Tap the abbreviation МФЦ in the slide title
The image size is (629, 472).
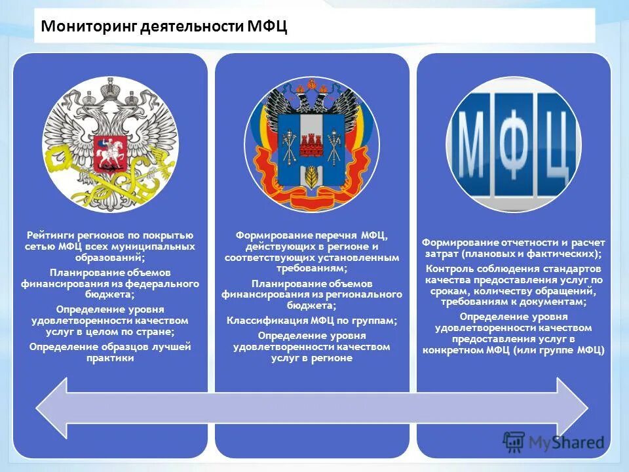267,27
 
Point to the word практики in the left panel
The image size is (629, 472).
110,359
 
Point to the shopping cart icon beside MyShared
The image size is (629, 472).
514,442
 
